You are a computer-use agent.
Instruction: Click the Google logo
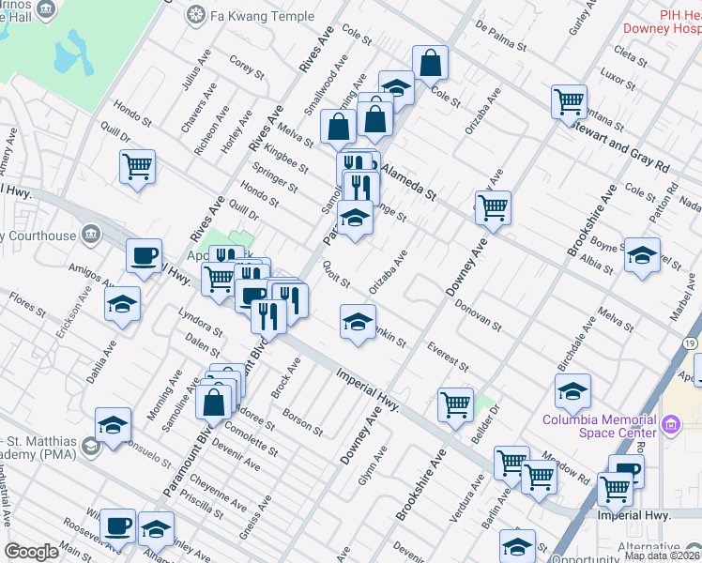[x=32, y=552]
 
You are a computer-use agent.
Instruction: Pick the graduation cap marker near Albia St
[x=642, y=256]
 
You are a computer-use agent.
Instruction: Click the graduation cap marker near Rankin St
[x=357, y=322]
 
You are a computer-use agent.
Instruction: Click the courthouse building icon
[x=90, y=233]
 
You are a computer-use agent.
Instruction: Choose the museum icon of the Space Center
[x=670, y=426]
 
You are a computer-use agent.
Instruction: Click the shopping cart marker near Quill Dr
[x=137, y=167]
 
